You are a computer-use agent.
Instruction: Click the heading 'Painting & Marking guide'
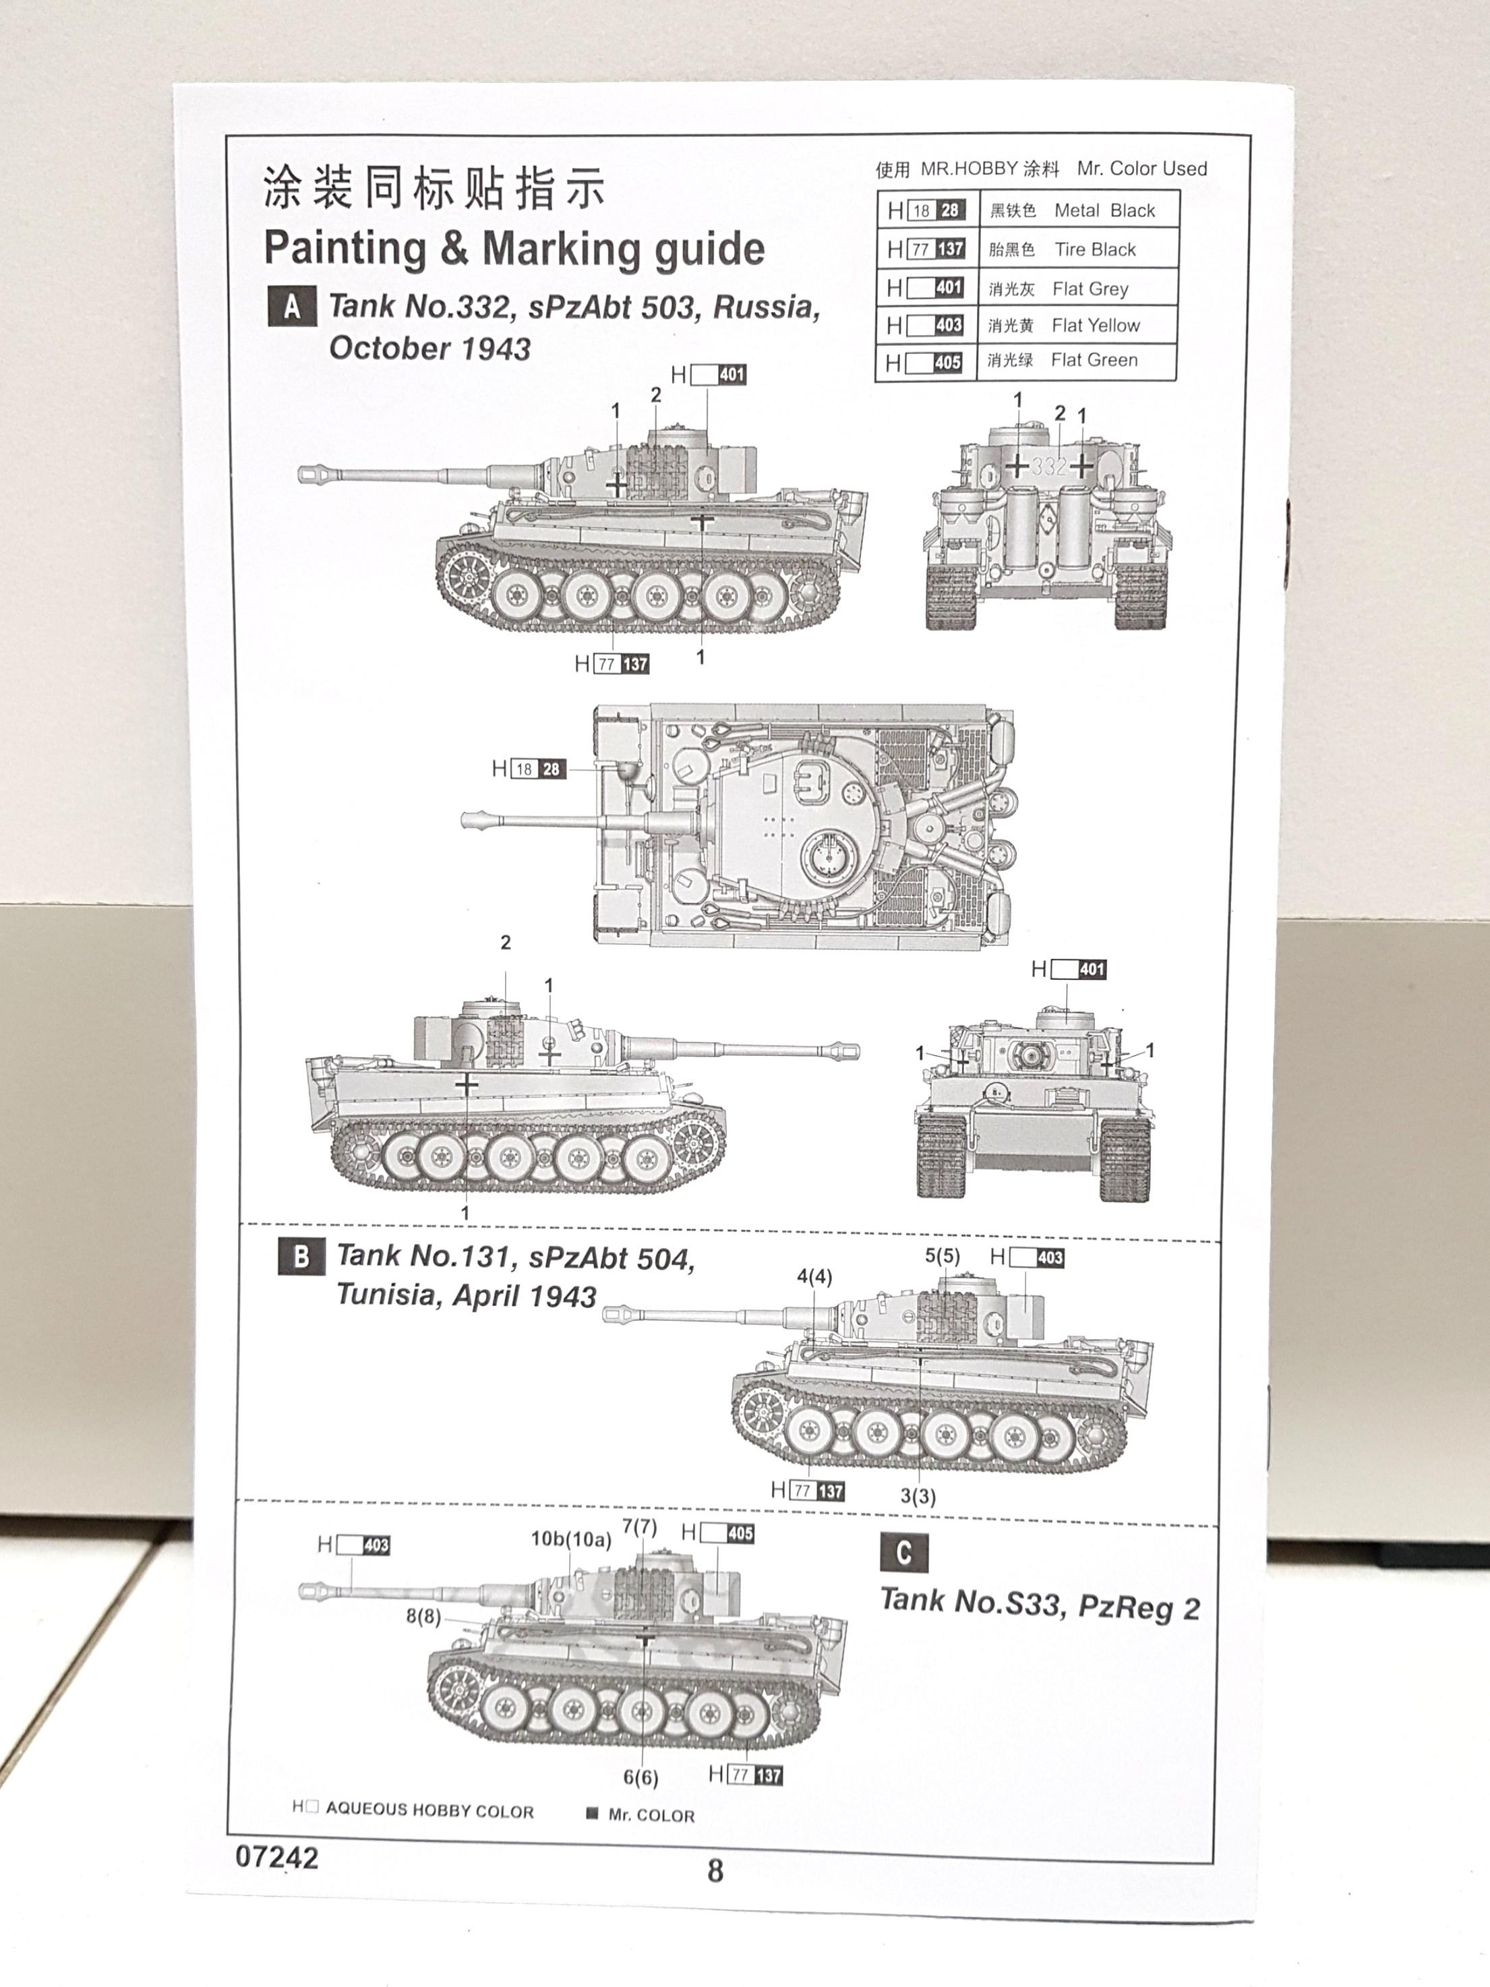[x=514, y=249]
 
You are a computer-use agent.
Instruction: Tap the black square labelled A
[x=292, y=308]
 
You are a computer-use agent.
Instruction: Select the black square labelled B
[x=301, y=1256]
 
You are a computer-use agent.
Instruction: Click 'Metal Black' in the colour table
[x=1104, y=210]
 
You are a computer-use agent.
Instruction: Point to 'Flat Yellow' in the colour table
[x=1095, y=325]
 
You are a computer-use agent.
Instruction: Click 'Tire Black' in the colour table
[x=1094, y=249]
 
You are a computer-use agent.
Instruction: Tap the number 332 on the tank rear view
[x=1048, y=466]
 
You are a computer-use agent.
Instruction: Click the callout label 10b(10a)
[x=570, y=1539]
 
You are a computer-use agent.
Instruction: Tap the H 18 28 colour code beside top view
[x=529, y=769]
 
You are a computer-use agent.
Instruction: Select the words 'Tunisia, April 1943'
[x=466, y=1295]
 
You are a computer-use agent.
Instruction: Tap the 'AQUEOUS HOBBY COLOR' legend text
[x=429, y=1810]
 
